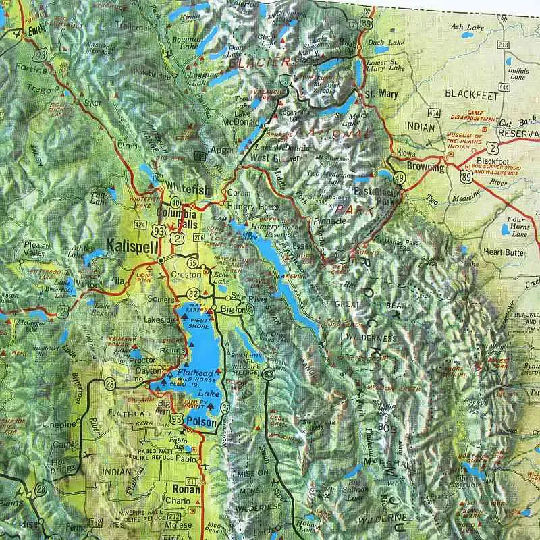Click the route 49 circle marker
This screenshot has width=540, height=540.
(400, 178)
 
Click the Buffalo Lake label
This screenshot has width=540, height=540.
(518, 73)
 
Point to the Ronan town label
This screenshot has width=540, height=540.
(187, 489)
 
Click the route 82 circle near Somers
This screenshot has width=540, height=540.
(194, 293)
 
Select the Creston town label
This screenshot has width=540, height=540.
(187, 275)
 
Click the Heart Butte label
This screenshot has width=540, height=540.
(504, 252)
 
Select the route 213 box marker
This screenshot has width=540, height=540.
(502, 45)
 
